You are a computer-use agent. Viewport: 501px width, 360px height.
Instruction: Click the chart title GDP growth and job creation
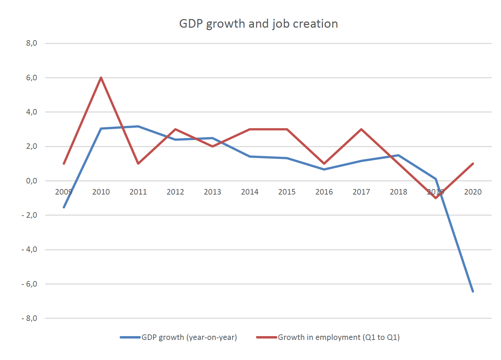point(258,24)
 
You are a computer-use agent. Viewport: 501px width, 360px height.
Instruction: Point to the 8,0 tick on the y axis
point(31,43)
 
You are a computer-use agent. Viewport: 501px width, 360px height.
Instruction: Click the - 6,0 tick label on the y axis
point(29,284)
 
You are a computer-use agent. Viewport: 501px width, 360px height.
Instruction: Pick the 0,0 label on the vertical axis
point(31,181)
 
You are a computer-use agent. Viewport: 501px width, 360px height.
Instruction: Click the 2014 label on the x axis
point(249,192)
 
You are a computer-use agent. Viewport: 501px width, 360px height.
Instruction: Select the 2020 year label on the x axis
point(473,192)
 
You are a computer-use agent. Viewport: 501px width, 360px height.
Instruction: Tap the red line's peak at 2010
point(101,78)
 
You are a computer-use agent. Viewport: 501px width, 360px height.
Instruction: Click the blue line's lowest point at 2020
point(473,291)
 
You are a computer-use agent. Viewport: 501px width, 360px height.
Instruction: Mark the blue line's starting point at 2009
point(64,207)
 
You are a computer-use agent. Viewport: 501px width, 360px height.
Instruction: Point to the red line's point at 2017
point(361,129)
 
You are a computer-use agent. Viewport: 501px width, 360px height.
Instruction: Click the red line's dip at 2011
point(138,163)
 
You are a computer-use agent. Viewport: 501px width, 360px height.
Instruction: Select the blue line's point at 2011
point(138,126)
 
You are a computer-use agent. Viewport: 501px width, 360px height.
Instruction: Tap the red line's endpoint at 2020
point(473,163)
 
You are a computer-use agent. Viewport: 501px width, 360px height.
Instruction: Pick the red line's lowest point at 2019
point(436,198)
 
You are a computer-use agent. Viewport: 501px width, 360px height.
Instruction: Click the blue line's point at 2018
point(398,155)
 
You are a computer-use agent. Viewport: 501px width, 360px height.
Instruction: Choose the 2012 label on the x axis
point(175,192)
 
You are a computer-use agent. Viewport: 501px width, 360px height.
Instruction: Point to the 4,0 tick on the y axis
point(31,112)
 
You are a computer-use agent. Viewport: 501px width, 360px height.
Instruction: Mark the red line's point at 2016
point(324,163)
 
